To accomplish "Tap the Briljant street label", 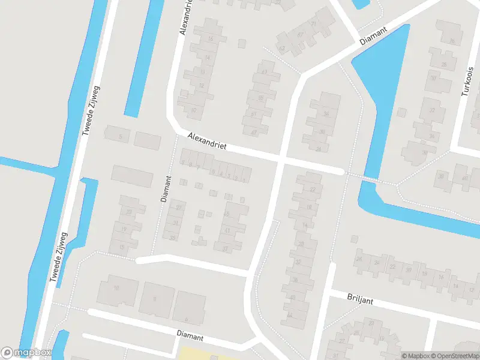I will tap(360, 298).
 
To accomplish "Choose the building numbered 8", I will tap(155, 298).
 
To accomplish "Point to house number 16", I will tap(210, 39).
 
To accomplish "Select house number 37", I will tap(226, 248).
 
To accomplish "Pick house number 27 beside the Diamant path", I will tap(179, 207).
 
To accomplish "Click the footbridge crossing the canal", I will tap(373, 179).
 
